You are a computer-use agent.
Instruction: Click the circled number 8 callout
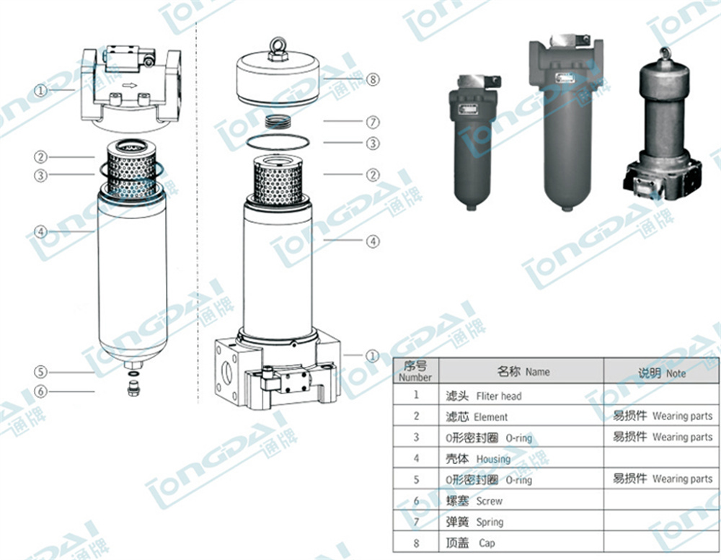point(373,79)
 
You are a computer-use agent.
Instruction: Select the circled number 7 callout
point(373,122)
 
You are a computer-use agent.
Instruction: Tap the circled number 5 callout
point(41,372)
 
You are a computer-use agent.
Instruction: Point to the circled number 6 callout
point(41,391)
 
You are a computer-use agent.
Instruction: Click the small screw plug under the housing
point(132,390)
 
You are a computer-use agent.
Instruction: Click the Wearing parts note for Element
point(661,416)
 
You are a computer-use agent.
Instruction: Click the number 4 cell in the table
point(416,458)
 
